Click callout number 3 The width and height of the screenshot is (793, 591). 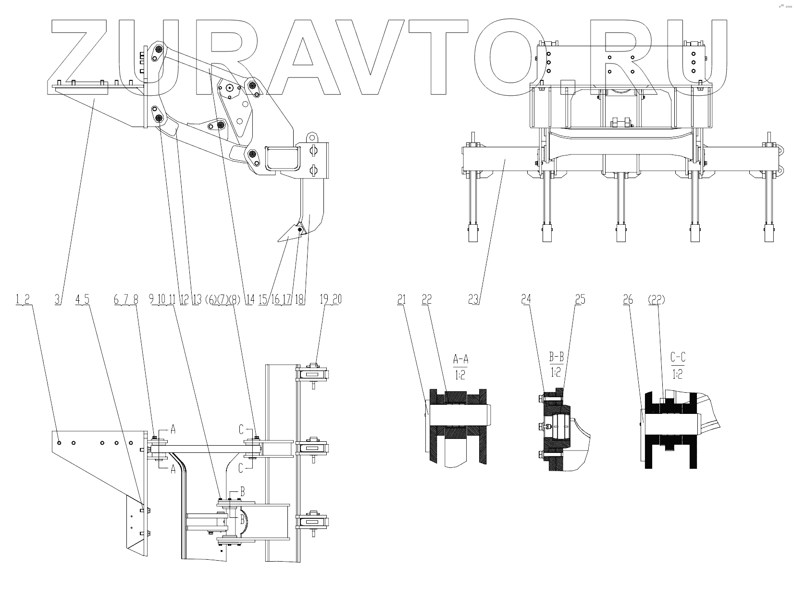[x=58, y=299]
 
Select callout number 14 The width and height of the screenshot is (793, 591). [x=249, y=299]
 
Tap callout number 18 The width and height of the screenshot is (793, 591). [x=300, y=299]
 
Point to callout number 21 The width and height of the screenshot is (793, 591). [x=401, y=299]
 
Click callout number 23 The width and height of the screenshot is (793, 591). [x=474, y=299]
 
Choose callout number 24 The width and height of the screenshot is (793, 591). [x=526, y=299]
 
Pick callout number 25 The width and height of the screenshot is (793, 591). [x=580, y=299]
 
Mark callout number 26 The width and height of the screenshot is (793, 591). [x=628, y=299]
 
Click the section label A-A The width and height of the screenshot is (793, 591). [x=460, y=359]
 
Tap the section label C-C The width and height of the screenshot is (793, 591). [x=678, y=357]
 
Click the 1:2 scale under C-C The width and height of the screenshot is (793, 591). [x=678, y=373]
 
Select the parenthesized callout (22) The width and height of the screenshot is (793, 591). [x=656, y=299]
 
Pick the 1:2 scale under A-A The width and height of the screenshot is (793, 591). [x=460, y=375]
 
